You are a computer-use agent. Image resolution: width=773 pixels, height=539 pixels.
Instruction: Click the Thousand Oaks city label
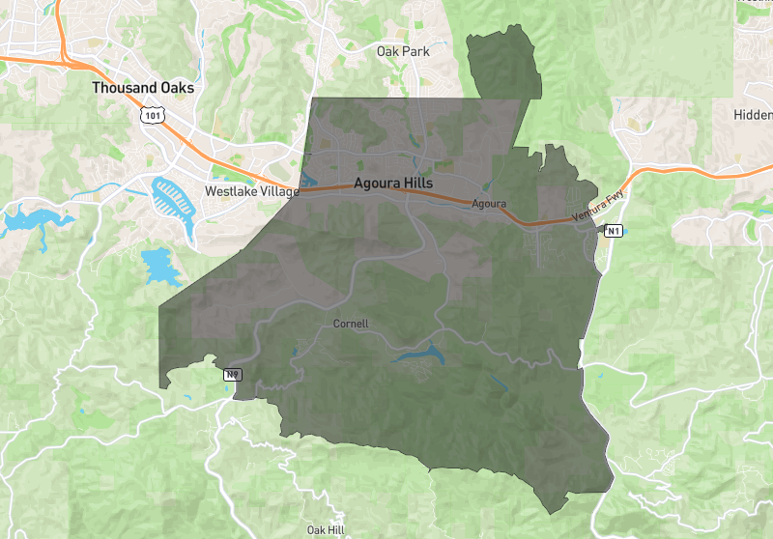(143, 88)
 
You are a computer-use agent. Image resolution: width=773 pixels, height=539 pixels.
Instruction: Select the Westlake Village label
(251, 191)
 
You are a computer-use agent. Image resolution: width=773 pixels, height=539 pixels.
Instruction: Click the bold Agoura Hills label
(393, 183)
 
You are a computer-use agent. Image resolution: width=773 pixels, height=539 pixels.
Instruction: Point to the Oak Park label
(403, 51)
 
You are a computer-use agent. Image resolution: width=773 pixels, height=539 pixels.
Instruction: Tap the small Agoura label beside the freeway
(489, 204)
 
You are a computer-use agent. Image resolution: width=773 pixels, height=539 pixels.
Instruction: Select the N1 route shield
(614, 230)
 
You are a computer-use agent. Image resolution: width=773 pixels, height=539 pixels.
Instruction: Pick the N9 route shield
(233, 374)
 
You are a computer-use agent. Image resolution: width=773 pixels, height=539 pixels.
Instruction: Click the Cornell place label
(351, 323)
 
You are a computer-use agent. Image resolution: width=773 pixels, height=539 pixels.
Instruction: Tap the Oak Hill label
(326, 529)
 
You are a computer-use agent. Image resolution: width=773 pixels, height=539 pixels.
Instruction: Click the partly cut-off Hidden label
(753, 114)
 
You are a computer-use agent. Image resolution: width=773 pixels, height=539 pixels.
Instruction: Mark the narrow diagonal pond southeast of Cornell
(497, 382)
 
